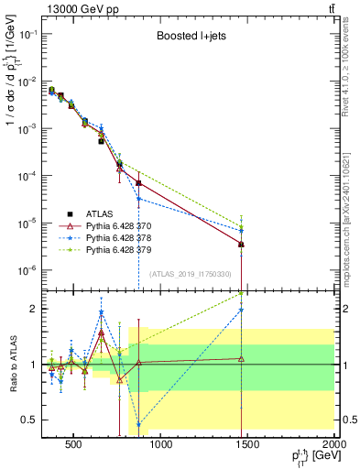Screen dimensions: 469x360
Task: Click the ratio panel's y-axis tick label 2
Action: click(x=33, y=309)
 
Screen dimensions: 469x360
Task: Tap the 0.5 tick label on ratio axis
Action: click(x=29, y=420)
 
